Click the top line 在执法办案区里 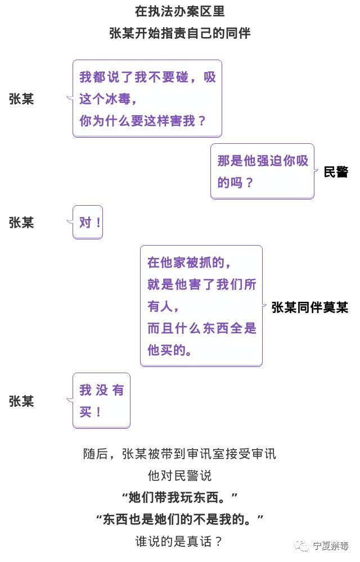[180, 11]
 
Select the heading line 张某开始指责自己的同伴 [180, 33]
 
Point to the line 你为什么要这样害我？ [143, 120]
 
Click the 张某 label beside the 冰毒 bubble [21, 99]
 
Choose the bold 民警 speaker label [336, 172]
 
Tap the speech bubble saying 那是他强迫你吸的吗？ [262, 171]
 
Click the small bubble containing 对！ [88, 222]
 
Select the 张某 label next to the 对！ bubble [21, 223]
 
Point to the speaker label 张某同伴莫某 [309, 307]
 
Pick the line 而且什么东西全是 [201, 328]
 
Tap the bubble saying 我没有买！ [101, 400]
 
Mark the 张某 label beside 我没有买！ [21, 401]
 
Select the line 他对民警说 [180, 475]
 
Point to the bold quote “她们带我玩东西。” [180, 497]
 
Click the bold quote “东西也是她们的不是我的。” [180, 519]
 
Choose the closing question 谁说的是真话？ [180, 541]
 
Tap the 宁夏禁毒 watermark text [331, 545]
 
